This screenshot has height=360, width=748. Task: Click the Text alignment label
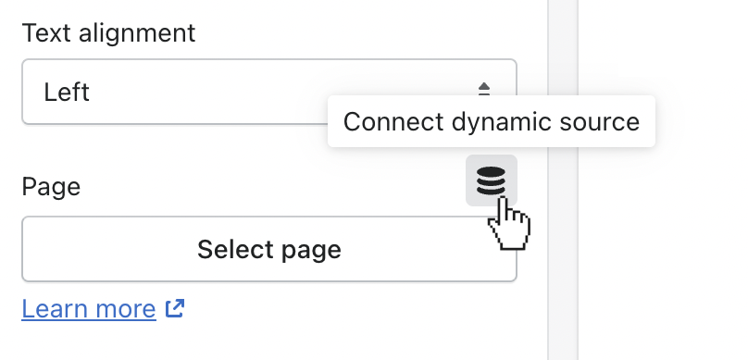108,33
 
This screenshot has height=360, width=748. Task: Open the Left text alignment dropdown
268,93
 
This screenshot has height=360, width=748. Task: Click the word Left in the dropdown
67,93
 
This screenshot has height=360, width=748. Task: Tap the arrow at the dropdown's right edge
484,90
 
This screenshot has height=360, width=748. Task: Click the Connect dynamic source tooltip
491,121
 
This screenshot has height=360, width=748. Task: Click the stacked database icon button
491,180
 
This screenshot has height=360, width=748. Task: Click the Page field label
51,187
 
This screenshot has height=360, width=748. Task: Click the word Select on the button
231,249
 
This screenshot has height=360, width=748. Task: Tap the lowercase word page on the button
307,251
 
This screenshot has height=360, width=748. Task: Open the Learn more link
89,308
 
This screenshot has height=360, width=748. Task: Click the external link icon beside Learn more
174,308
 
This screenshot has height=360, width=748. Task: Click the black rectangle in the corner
683,37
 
